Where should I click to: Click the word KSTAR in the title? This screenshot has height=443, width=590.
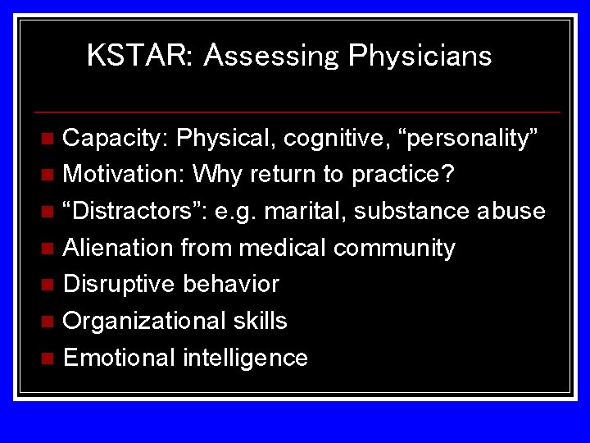coord(137,56)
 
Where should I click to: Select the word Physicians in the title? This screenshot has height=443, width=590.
coord(420,56)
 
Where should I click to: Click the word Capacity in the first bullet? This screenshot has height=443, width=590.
coord(115,139)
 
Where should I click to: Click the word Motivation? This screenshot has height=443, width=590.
coord(123,175)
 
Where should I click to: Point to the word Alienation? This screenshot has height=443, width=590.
coord(118,247)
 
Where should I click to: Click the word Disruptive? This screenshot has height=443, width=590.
coord(119,284)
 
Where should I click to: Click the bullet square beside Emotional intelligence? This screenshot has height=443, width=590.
coord(48,359)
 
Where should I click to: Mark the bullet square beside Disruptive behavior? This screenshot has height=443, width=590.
coord(48,285)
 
